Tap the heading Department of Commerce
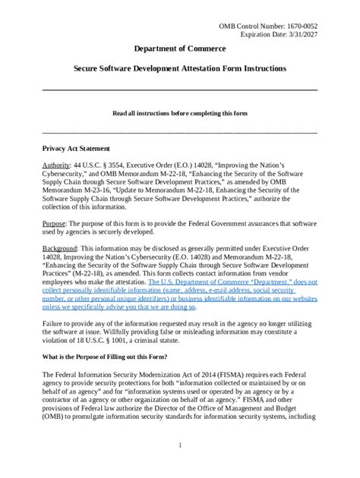pyautogui.click(x=179, y=49)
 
